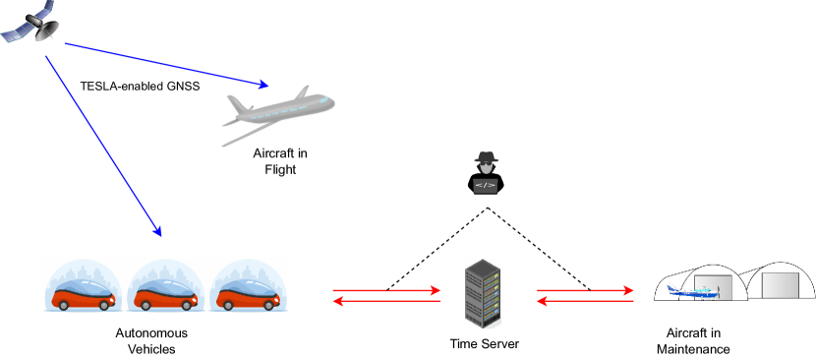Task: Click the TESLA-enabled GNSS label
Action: pos(140,87)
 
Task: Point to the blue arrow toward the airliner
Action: pos(167,65)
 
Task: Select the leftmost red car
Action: pos(83,293)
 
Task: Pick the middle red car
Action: pos(166,293)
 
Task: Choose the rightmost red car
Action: pos(249,293)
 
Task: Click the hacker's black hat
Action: pos(486,157)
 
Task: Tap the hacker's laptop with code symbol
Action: pos(486,185)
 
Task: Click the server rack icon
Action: pos(482,293)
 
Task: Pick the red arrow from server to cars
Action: pos(386,302)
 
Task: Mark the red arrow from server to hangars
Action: pos(585,290)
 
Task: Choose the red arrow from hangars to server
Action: pos(585,302)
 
